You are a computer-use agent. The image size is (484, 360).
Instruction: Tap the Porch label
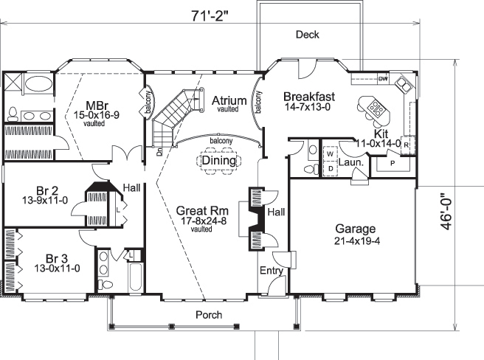tap(208, 315)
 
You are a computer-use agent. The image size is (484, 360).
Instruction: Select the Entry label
tap(269, 271)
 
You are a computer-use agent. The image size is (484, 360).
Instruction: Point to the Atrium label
tap(229, 100)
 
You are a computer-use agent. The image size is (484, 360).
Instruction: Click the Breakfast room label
tap(310, 97)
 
